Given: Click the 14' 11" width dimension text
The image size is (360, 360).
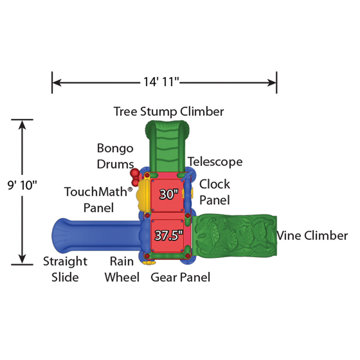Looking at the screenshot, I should (162, 82).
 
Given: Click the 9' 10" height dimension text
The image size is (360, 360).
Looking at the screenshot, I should (22, 186).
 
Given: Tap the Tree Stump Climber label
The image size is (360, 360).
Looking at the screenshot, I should (169, 111).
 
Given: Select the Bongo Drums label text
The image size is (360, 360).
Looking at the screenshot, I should (115, 156).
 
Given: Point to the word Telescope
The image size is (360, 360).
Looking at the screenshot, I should (215, 162).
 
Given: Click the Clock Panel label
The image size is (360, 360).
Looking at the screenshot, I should (215, 192).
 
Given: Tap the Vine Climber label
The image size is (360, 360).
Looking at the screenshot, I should (312, 235).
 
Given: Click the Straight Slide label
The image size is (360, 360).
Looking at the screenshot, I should (65, 269).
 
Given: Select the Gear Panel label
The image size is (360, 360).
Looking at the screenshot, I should (180, 277).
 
